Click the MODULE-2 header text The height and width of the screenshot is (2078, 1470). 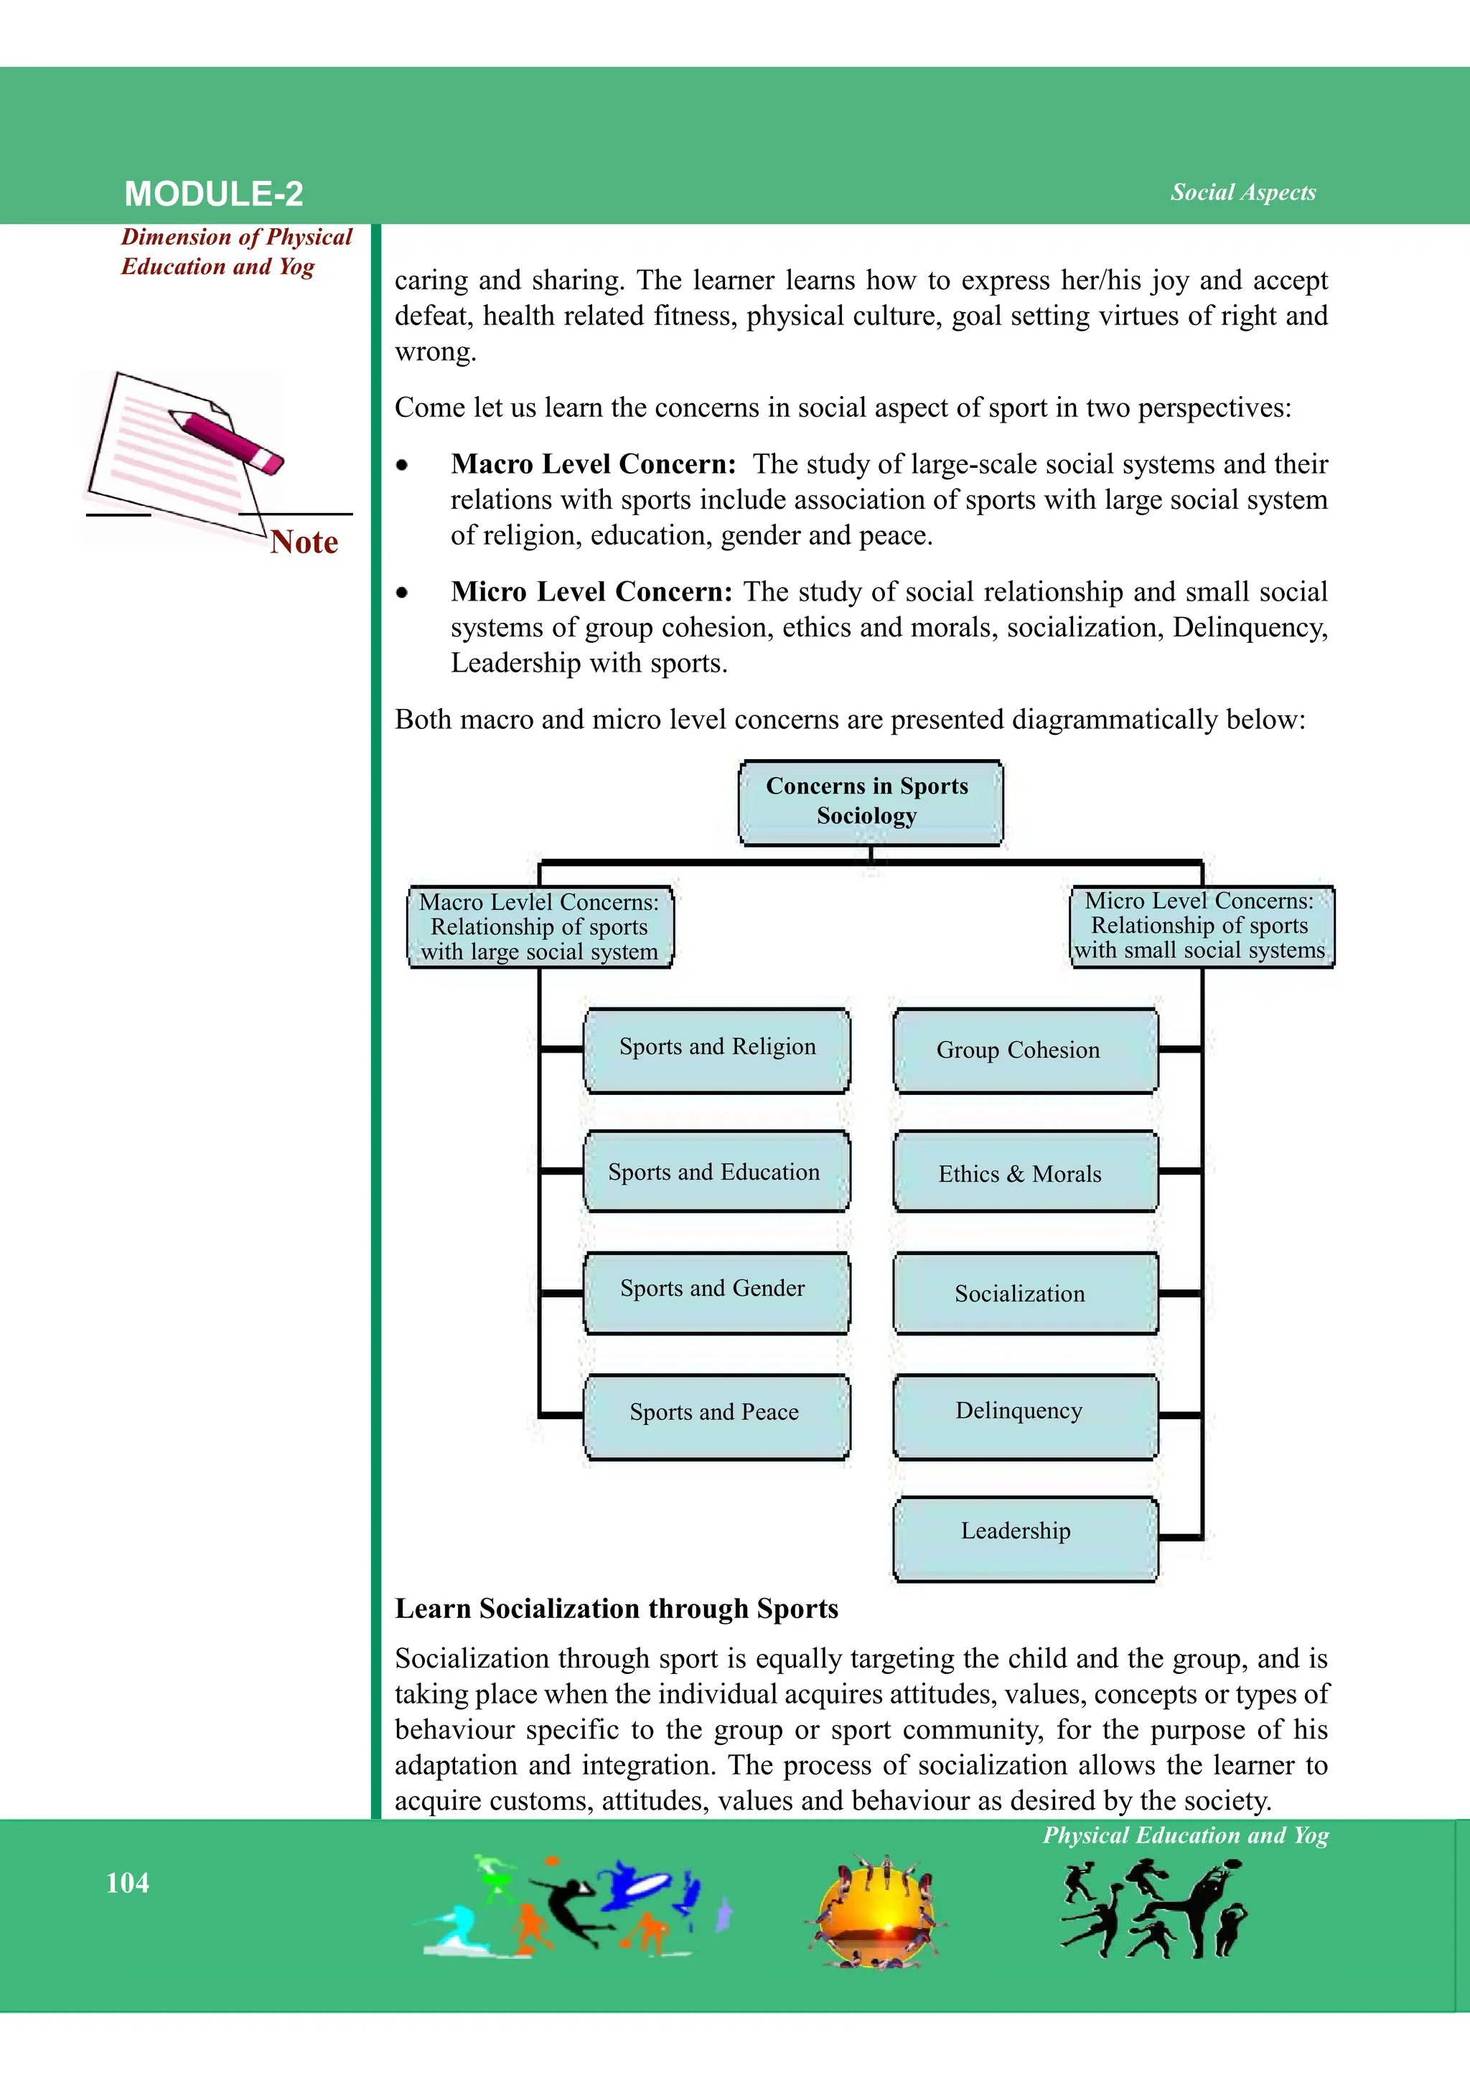tap(214, 194)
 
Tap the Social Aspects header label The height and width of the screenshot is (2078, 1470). tap(1242, 192)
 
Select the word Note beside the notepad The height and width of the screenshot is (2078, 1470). tap(304, 542)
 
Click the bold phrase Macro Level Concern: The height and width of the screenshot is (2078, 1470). tap(594, 464)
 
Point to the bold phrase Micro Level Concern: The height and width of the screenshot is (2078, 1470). tap(591, 592)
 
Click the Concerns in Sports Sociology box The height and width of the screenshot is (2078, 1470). tap(870, 802)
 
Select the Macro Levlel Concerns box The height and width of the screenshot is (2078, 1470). tap(540, 927)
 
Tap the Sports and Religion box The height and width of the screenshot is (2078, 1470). tap(717, 1049)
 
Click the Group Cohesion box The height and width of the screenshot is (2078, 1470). tap(1025, 1050)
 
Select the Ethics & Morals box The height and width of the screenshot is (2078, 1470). tap(1025, 1173)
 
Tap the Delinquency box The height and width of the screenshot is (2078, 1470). tap(1025, 1414)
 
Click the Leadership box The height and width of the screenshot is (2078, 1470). tap(1025, 1536)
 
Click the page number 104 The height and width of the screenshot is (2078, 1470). tap(128, 1884)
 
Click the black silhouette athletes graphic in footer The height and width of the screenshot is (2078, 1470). tap(1153, 1908)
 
